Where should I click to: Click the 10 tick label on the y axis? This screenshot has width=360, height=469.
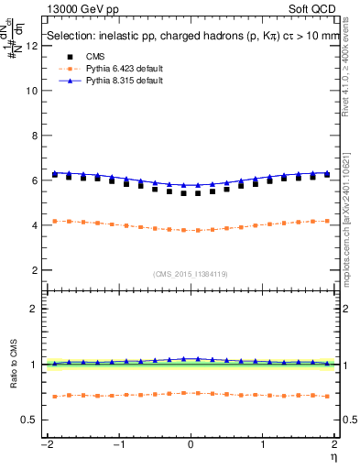tap(32, 92)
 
